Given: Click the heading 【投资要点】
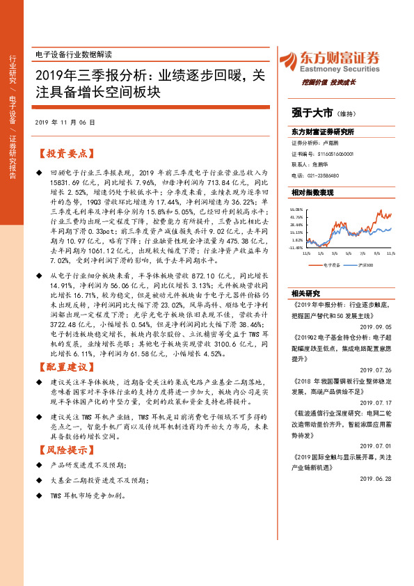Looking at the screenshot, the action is (x=65, y=152).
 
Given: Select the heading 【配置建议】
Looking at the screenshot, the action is (x=65, y=366).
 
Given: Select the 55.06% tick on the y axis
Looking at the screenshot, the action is (x=297, y=209).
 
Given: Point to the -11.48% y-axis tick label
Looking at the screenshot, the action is (x=297, y=246).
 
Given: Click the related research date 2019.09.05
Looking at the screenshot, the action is (x=376, y=306).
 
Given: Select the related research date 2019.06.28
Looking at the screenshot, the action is (x=376, y=479).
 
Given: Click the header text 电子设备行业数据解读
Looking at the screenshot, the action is (x=73, y=54).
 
